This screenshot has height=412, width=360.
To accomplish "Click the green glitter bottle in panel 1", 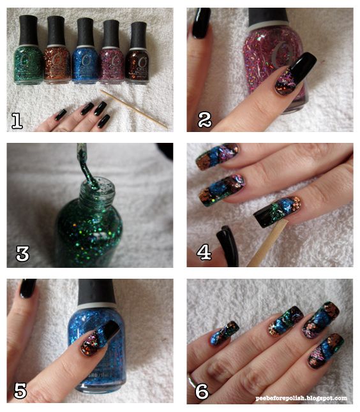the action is pos(28,50).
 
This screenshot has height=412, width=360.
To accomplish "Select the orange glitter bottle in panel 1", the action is pos(57,50).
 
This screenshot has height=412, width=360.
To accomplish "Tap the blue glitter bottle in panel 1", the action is pos(85,51).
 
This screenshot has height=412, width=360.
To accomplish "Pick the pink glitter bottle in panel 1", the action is pos(111,52).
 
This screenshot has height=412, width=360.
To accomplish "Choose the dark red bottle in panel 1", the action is pos(137,53).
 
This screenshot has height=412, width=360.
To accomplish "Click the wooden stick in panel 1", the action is pos(134,109).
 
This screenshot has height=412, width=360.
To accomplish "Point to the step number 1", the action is pos(17,121).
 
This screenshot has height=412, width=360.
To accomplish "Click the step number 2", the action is pos(205,120).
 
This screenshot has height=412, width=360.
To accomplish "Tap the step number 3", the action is pos(22,253).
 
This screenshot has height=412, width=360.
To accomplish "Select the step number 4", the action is pos(204,253).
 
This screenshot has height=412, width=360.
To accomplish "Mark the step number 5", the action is pos(20,390).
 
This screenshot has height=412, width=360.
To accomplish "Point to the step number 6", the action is pos(202,391).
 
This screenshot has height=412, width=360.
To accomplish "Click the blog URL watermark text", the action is pos(301,399).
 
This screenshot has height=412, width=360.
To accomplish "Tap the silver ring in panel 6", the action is pos(191,381).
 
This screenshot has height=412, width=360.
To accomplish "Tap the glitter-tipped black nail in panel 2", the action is pos(295,74).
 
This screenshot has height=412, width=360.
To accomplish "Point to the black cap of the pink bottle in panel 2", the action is pos(268,17).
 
